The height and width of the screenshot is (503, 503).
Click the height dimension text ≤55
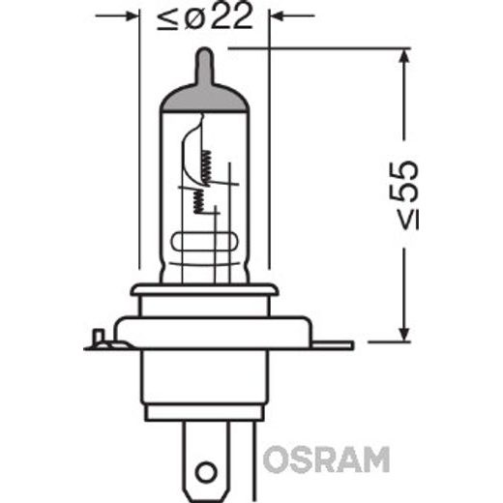pos(407,193)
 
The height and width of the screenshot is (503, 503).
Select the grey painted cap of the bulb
pos(204,94)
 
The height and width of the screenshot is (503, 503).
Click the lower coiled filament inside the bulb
pos(198,200)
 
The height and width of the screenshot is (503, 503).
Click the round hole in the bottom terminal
pos(205,475)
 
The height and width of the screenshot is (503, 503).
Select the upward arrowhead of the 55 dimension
pos(399,59)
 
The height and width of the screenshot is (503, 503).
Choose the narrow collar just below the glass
pos(204,290)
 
